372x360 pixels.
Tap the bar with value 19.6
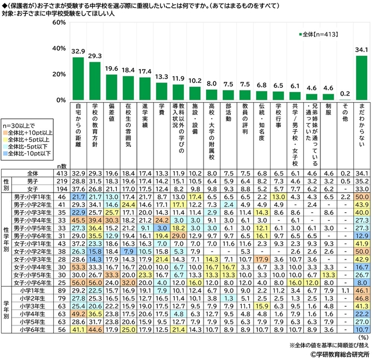(x=112, y=87)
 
